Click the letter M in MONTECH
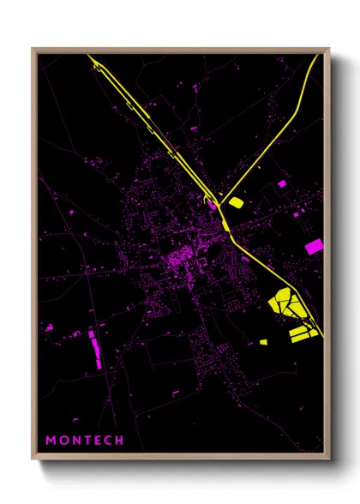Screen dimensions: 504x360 [x=51, y=440]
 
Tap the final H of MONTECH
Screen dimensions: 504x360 [x=120, y=440]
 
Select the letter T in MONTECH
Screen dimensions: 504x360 [x=86, y=440]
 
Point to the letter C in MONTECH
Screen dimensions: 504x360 [x=108, y=440]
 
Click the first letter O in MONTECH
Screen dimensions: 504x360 [x=63, y=440]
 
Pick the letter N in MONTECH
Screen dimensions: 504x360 [x=75, y=440]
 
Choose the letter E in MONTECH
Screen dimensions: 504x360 [x=97, y=440]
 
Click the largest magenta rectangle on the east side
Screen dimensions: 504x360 [x=315, y=247]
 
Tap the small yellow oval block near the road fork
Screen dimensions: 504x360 [x=234, y=203]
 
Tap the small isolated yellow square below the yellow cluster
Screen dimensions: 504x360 [x=264, y=342]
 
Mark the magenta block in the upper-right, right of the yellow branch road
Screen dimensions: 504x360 [x=282, y=183]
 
